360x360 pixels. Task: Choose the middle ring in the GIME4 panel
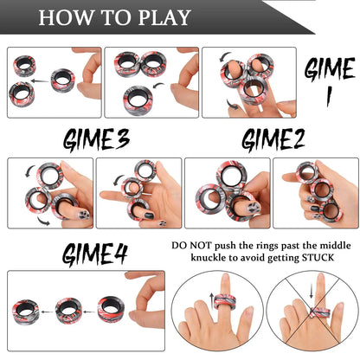point(68,309)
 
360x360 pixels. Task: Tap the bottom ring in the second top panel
point(136,99)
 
